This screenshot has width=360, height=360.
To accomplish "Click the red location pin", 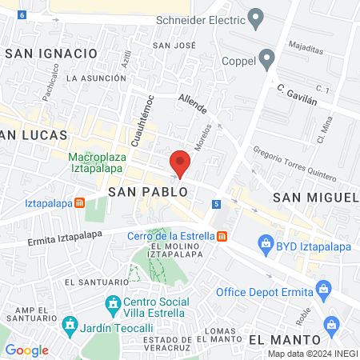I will (181, 163).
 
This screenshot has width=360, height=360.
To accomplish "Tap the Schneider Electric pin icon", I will (256, 17).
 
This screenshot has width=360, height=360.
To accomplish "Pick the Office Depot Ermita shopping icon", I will (323, 287).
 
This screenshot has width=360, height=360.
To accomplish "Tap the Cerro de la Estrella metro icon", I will (222, 236).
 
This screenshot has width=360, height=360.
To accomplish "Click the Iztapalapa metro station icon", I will (80, 202).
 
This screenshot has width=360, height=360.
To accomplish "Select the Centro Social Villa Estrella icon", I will (111, 304).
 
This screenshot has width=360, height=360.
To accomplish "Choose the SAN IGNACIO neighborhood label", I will (50, 53).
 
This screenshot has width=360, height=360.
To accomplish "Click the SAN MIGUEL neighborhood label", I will (316, 197).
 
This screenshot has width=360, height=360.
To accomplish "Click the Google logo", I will (26, 350).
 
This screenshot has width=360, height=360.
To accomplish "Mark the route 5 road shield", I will (216, 204).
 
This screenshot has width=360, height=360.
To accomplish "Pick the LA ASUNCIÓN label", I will (97, 78).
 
